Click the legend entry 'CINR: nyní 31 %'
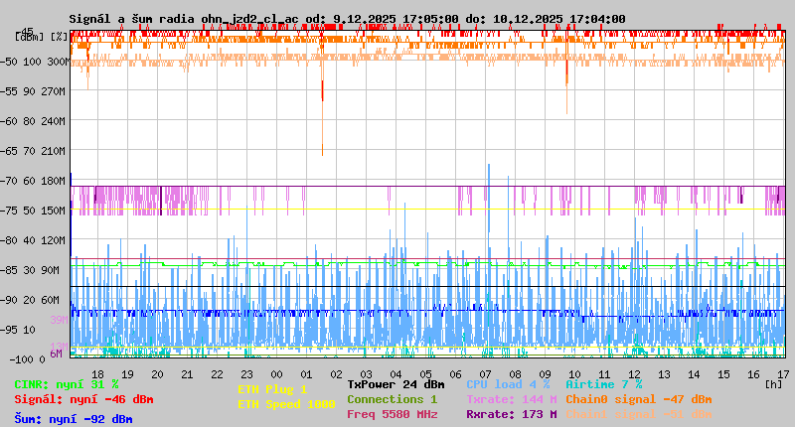click(x=67, y=384)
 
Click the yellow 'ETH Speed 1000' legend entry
click(x=286, y=404)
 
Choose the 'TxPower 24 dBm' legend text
click(x=396, y=384)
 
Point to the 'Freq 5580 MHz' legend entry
click(x=392, y=414)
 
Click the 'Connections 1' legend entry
click(x=392, y=399)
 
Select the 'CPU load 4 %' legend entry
click(x=508, y=384)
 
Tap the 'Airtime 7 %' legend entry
click(x=603, y=384)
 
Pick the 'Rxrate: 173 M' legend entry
click(x=511, y=414)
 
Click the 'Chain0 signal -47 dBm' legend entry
click(x=638, y=399)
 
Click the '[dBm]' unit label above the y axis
click(x=29, y=36)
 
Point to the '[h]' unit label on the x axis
click(x=774, y=383)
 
